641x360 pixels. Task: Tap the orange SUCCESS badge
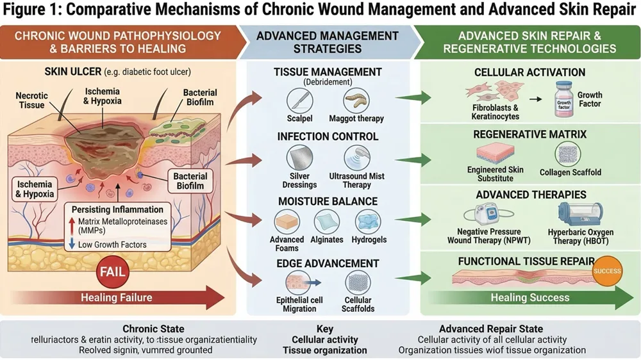click(606, 271)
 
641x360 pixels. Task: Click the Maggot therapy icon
click(356, 100)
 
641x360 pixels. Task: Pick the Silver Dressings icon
click(299, 157)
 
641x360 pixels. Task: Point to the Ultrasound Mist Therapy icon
click(356, 157)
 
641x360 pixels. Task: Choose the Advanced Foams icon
click(287, 222)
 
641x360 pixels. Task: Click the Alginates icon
click(327, 222)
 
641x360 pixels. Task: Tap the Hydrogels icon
click(369, 222)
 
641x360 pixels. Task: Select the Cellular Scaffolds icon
click(358, 282)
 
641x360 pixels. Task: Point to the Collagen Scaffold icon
click(567, 154)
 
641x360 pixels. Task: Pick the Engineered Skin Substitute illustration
click(495, 154)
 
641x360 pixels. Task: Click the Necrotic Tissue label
click(31, 101)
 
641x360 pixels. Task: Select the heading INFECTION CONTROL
click(328, 136)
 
